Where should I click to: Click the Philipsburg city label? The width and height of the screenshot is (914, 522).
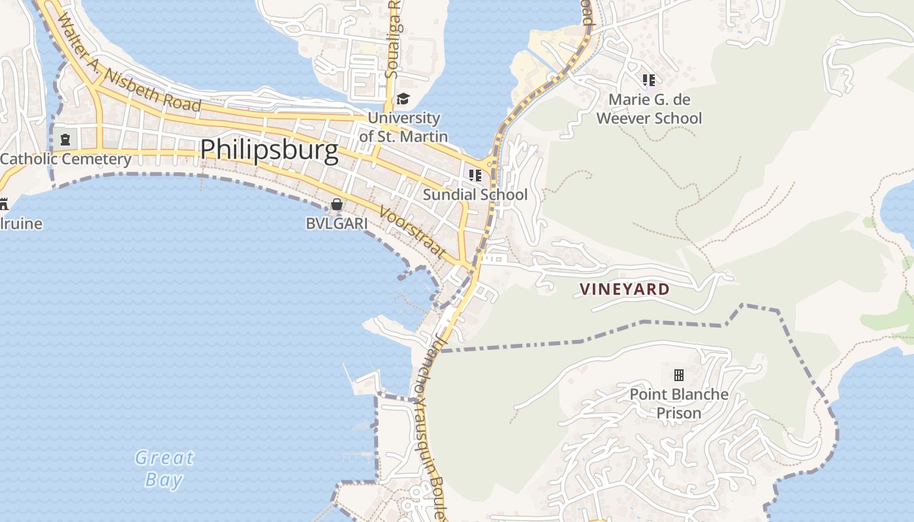pyautogui.click(x=269, y=150)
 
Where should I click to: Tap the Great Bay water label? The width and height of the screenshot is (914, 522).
pyautogui.click(x=165, y=468)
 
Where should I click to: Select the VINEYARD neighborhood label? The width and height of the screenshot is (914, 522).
pyautogui.click(x=625, y=289)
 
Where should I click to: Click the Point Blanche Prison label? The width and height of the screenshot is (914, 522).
pyautogui.click(x=679, y=403)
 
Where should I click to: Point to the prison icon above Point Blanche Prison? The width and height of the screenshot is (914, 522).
pyautogui.click(x=679, y=375)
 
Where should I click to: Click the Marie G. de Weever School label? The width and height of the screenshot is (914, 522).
pyautogui.click(x=649, y=109)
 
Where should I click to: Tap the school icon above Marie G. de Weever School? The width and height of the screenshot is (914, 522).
pyautogui.click(x=648, y=80)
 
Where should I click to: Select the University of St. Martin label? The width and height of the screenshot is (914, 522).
pyautogui.click(x=403, y=127)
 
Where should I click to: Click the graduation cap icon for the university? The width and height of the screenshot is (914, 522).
pyautogui.click(x=403, y=99)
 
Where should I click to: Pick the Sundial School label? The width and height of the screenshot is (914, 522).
pyautogui.click(x=475, y=194)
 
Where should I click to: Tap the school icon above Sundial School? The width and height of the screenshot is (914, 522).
pyautogui.click(x=475, y=175)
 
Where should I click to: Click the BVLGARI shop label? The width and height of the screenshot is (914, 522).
pyautogui.click(x=336, y=223)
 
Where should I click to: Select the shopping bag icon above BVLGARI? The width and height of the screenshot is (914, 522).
pyautogui.click(x=336, y=204)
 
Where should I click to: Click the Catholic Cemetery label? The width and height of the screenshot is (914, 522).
pyautogui.click(x=65, y=159)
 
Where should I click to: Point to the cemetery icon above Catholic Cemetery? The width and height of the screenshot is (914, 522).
pyautogui.click(x=65, y=139)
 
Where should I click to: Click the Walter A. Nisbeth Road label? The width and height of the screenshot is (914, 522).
pyautogui.click(x=128, y=63)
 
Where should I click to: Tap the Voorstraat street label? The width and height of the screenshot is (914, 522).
pyautogui.click(x=413, y=233)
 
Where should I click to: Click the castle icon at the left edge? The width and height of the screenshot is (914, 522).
pyautogui.click(x=3, y=204)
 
